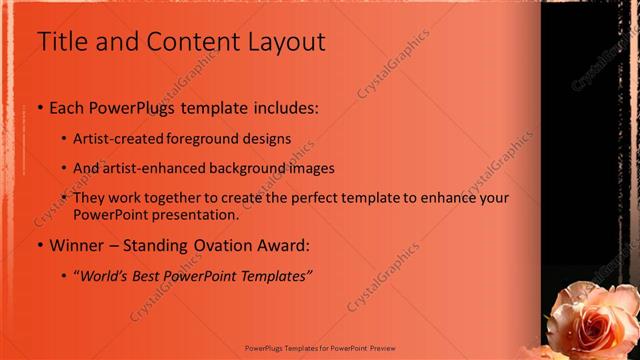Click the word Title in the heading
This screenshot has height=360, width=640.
coord(62,42)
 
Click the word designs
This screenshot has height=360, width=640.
coord(269,139)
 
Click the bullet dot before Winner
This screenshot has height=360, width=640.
coord(40,246)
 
